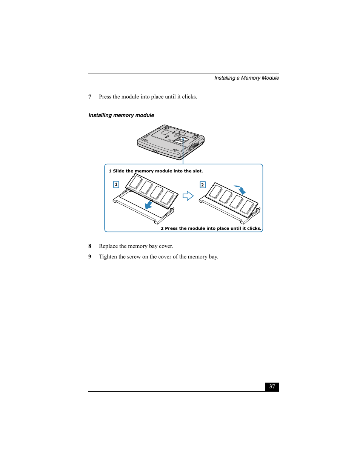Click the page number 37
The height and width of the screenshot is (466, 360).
(x=272, y=386)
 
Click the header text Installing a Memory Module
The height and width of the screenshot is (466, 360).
(x=246, y=78)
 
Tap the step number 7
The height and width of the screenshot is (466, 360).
(x=90, y=97)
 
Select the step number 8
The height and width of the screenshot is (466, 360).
(x=90, y=246)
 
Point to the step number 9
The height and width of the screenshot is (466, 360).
(x=90, y=257)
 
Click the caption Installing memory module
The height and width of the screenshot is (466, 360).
(x=121, y=115)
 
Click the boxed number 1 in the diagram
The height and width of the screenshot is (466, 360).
(x=116, y=185)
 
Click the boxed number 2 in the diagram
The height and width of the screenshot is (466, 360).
(x=203, y=185)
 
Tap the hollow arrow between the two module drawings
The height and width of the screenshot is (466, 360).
(x=188, y=196)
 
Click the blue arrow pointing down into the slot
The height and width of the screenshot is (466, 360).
(x=149, y=205)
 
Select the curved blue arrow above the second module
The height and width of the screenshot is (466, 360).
(x=240, y=189)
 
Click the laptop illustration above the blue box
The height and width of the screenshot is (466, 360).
(x=171, y=142)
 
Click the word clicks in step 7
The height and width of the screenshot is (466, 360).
(x=189, y=97)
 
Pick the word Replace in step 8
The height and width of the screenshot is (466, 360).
(x=108, y=246)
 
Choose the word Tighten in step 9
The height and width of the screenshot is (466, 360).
(x=108, y=257)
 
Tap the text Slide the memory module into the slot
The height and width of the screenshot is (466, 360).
(x=158, y=171)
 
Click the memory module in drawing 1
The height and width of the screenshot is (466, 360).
(x=152, y=191)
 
